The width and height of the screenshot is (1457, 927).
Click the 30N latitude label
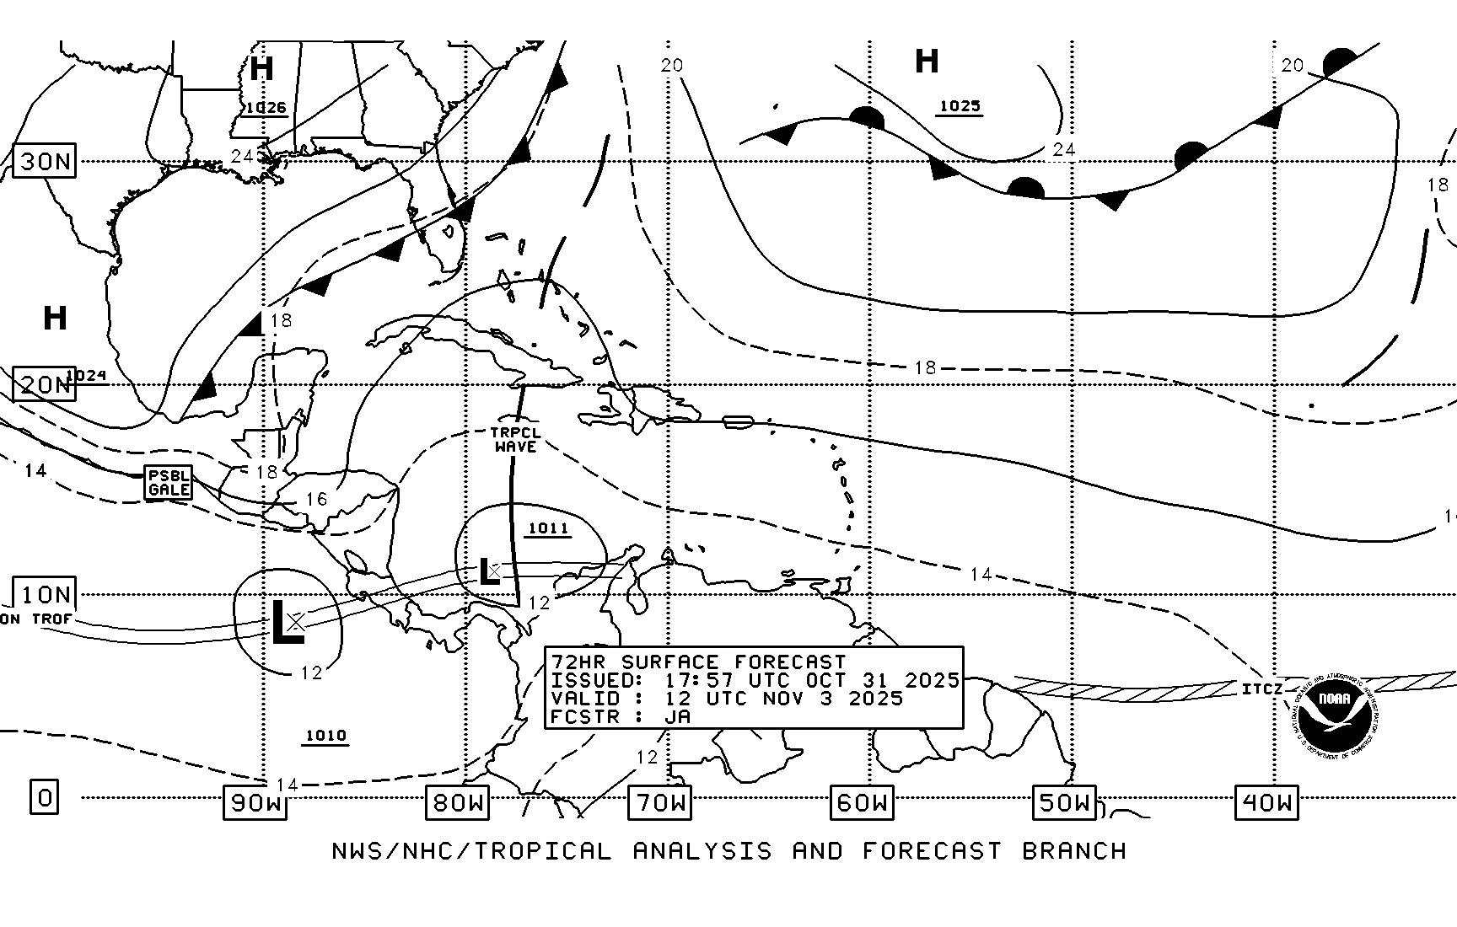[x=45, y=161]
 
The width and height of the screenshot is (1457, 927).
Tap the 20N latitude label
[x=45, y=385]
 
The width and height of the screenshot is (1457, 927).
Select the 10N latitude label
[x=45, y=595]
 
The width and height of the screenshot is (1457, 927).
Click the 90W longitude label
[x=255, y=802]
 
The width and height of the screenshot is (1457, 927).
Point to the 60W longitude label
[x=862, y=802]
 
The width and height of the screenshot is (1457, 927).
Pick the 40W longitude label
[x=1266, y=802]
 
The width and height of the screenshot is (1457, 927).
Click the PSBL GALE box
[x=169, y=483]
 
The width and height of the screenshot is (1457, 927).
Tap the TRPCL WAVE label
[x=516, y=440]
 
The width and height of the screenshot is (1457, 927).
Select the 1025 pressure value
[x=960, y=106]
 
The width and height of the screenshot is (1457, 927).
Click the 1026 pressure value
[x=266, y=108]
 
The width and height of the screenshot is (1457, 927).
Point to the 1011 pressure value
[x=548, y=528]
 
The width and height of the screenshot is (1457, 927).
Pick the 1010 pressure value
[x=325, y=736]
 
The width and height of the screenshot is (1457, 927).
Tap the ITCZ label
[x=1262, y=689]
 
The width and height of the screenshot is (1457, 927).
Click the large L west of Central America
[x=286, y=624]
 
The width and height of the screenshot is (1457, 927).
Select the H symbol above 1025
[x=927, y=62]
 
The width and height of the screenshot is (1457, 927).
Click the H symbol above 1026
[x=261, y=68]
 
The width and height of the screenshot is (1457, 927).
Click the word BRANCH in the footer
[x=1074, y=851]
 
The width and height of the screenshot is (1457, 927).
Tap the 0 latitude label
[x=45, y=796]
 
